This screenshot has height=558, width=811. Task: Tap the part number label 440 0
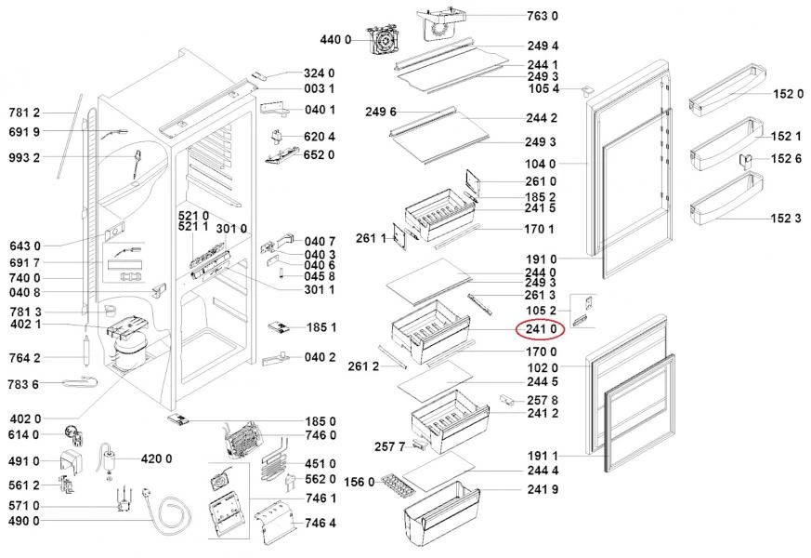pyautogui.click(x=334, y=40)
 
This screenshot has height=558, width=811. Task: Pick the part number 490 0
pyautogui.click(x=24, y=521)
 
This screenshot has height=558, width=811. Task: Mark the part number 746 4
pyautogui.click(x=320, y=522)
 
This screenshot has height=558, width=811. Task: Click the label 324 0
pyautogui.click(x=319, y=73)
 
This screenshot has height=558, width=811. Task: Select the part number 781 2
pyautogui.click(x=24, y=113)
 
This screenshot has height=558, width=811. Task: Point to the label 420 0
pyautogui.click(x=156, y=458)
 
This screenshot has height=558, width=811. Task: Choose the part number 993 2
pyautogui.click(x=24, y=157)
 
